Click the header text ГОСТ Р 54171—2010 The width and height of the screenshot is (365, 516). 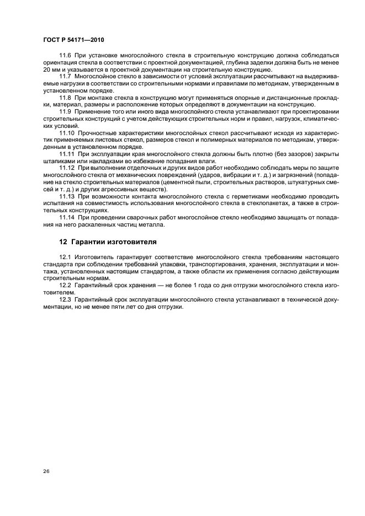click(73, 40)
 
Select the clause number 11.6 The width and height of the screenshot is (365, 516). click(65, 56)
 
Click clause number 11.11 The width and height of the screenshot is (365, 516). click(67, 153)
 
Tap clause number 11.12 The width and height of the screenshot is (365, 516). click(67, 167)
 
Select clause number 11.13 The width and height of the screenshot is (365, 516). click(67, 196)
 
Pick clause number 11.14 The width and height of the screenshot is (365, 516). click(67, 217)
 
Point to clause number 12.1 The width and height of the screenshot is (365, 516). click(65, 256)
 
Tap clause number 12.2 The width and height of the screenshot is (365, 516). click(65, 284)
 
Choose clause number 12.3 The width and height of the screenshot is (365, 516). click(65, 298)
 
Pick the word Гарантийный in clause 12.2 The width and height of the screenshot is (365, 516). click(96, 284)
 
